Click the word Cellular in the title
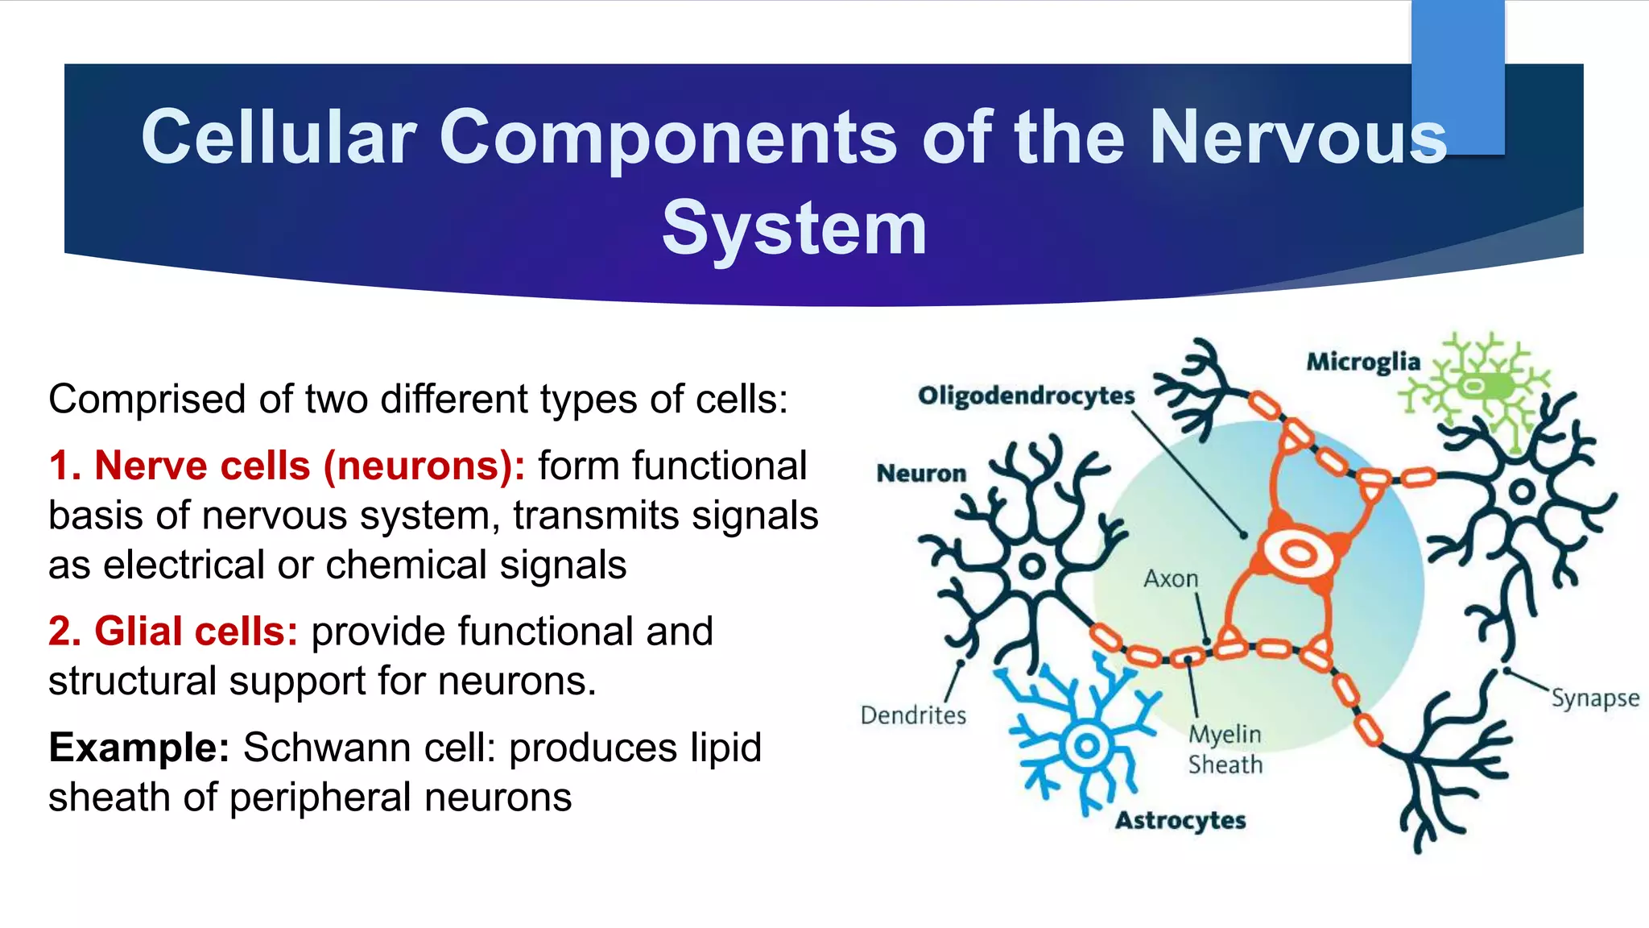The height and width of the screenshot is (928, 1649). pos(279,137)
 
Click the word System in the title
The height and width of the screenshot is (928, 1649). pos(794,229)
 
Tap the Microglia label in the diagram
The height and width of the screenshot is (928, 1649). pos(1362,362)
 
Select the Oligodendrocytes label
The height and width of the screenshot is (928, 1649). pos(1026,396)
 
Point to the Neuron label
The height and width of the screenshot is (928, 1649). pos(921,473)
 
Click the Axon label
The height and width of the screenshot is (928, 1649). pos(1171,578)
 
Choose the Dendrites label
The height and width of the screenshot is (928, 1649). pos(913,715)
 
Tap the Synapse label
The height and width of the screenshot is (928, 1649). pos(1595,698)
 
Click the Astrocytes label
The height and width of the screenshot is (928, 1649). pos(1180,821)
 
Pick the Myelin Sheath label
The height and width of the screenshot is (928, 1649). pos(1225,749)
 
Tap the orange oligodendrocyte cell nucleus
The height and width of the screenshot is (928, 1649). pos(1298,553)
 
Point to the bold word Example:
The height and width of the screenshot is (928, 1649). pos(139,748)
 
